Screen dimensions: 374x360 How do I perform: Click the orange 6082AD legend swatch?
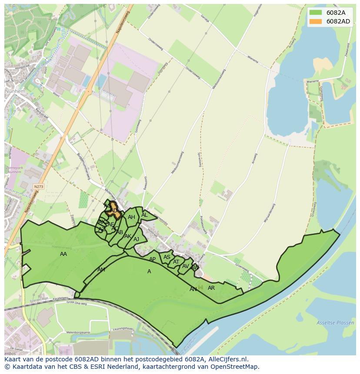pos(316,21)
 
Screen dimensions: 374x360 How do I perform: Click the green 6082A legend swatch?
pos(316,13)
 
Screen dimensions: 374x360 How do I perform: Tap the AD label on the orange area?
pos(114,211)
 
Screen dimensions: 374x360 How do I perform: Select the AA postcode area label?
pos(63,254)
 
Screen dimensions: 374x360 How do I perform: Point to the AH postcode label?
pos(131,218)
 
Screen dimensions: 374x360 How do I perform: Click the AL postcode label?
pos(144,215)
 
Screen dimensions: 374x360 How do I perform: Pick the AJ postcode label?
pos(136,239)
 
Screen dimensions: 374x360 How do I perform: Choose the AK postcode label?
pos(127,236)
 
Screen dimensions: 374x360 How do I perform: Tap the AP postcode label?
pos(152,259)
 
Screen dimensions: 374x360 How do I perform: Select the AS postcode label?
pos(167,257)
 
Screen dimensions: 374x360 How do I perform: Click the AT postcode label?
pos(176,262)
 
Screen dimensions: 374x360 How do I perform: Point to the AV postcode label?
pos(186,266)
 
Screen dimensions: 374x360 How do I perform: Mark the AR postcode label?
pos(211,288)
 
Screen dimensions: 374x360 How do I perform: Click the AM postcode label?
pos(101,270)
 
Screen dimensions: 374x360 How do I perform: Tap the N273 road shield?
pos(39,186)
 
